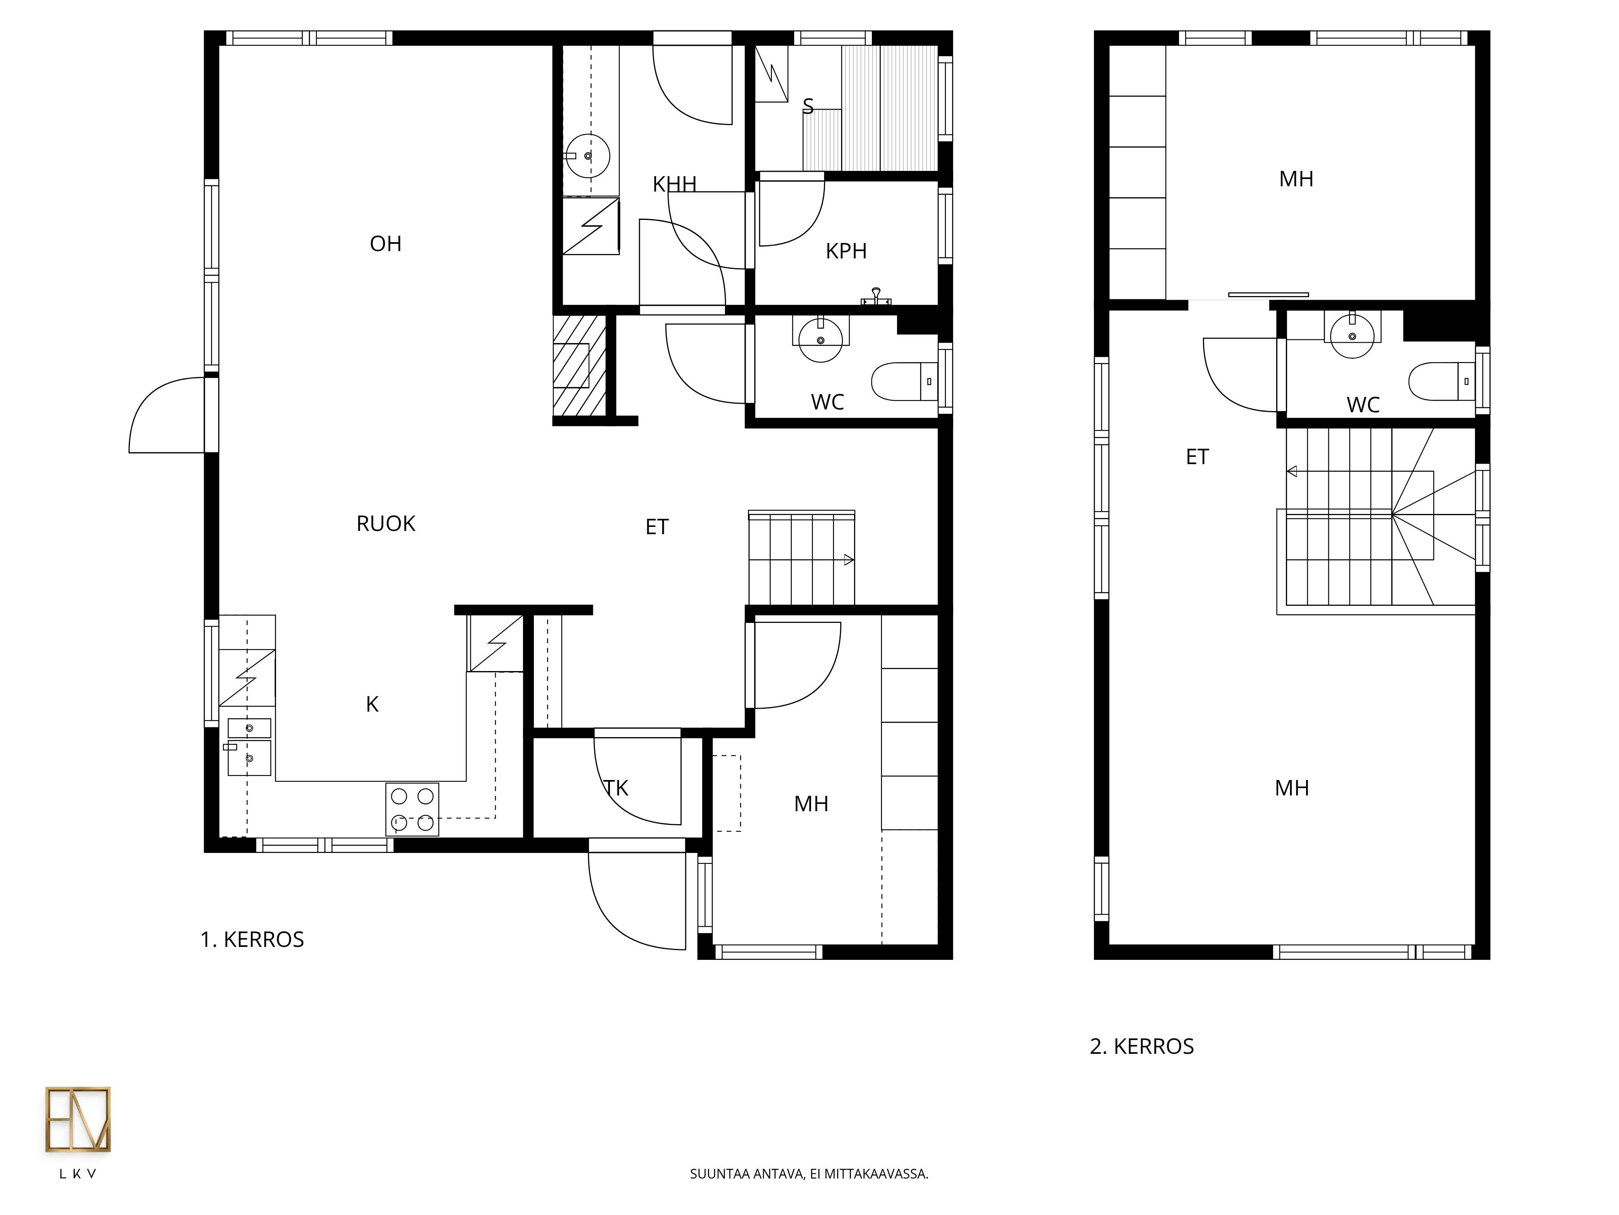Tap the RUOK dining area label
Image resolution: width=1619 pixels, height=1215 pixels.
[386, 524]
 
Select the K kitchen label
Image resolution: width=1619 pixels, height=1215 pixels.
[372, 705]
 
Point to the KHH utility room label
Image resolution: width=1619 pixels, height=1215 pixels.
[674, 184]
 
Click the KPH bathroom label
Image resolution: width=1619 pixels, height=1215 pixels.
[846, 251]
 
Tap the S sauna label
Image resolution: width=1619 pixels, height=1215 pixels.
[808, 106]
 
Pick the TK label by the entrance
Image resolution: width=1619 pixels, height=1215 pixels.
[616, 788]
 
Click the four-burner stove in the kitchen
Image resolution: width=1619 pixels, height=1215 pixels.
[412, 809]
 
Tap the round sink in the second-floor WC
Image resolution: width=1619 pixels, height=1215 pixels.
[1352, 335]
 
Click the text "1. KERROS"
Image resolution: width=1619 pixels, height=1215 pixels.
[253, 940]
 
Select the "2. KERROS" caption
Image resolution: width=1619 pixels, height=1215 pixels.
[1142, 1047]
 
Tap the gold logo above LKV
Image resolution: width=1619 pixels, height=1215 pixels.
[78, 1119]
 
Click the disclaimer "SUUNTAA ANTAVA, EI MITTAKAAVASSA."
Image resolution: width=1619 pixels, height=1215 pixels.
[809, 1174]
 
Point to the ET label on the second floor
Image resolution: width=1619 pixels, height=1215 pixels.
[1197, 457]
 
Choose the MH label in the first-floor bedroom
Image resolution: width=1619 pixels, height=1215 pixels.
[811, 804]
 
